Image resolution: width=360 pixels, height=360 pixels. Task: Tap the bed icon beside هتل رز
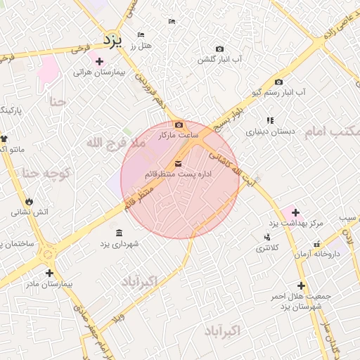[141, 34]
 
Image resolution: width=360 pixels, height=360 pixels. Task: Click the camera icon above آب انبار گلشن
[219, 49]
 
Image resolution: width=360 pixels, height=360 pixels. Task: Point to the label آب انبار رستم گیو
[279, 93]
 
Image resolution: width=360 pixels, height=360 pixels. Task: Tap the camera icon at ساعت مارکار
[179, 124]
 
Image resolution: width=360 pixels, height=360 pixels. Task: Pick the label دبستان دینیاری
[269, 131]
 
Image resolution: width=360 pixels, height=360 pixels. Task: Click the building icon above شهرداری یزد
[118, 233]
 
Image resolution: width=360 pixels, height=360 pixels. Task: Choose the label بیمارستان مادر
[49, 284]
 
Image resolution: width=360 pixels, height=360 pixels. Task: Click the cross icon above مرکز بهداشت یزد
[295, 212]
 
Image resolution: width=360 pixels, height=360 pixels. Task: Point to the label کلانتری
[266, 248]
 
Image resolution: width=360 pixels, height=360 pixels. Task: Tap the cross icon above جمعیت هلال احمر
[302, 285]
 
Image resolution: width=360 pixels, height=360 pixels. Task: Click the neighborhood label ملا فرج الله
[116, 143]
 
